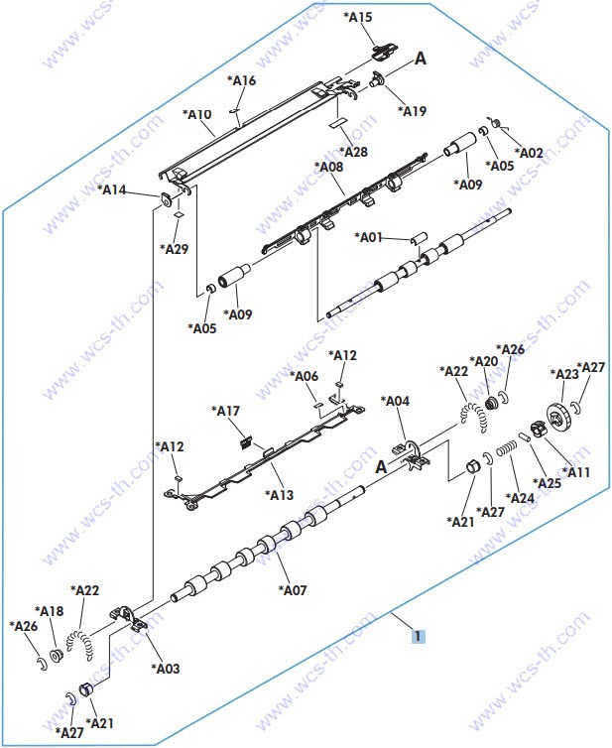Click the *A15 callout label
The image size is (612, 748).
click(x=358, y=17)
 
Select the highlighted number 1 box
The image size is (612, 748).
click(x=418, y=636)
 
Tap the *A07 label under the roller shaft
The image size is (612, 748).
click(x=293, y=590)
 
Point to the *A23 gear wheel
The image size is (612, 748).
click(x=557, y=419)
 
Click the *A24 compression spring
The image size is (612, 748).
click(x=507, y=448)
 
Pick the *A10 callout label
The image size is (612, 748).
click(x=197, y=114)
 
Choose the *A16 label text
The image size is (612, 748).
click(x=241, y=80)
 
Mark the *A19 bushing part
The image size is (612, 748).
click(x=377, y=79)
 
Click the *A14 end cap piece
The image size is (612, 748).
click(x=166, y=199)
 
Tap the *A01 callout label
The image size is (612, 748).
click(x=369, y=237)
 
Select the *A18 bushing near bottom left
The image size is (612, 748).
click(x=57, y=656)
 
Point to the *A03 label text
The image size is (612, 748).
click(x=166, y=669)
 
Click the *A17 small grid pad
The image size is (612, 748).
click(x=245, y=442)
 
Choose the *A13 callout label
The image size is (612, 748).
click(x=280, y=495)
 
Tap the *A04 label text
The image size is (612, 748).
click(x=395, y=401)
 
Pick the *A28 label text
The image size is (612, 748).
click(x=353, y=152)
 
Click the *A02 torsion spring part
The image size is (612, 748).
click(x=496, y=123)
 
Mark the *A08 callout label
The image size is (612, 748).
click(x=328, y=167)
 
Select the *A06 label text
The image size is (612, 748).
click(x=304, y=376)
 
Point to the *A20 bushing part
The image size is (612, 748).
click(x=490, y=404)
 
